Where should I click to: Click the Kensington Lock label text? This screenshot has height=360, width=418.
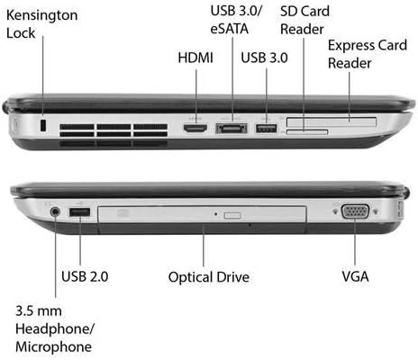coord(41,24)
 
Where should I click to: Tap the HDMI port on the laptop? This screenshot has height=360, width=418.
coord(195,129)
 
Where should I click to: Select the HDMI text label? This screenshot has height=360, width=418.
coord(195,58)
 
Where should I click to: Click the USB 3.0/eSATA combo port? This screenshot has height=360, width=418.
coord(232,129)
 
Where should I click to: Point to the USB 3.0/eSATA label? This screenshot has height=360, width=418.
coord(236,20)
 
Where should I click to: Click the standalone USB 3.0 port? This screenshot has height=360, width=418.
coord(266,128)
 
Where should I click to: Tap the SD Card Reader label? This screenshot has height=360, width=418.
coord(304,20)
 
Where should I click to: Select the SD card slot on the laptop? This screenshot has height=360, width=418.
coord(307,132)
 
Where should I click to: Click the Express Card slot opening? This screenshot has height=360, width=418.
coord(332,122)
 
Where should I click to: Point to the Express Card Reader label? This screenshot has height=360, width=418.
coord(368,54)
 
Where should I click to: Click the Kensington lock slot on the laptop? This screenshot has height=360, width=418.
coord(43,125)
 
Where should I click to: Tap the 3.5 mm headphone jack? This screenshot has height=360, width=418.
coord(55,211)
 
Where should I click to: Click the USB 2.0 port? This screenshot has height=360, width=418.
coord(79,212)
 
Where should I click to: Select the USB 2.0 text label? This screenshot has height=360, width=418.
coord(85,276)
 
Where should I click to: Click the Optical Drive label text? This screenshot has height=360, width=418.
coord(209,277)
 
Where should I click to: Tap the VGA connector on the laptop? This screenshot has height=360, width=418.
coord(355,211)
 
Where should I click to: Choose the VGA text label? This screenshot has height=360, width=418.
coord(355,276)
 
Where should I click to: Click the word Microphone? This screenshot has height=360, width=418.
coord(53,346)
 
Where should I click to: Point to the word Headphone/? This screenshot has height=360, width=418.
coord(55,328)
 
